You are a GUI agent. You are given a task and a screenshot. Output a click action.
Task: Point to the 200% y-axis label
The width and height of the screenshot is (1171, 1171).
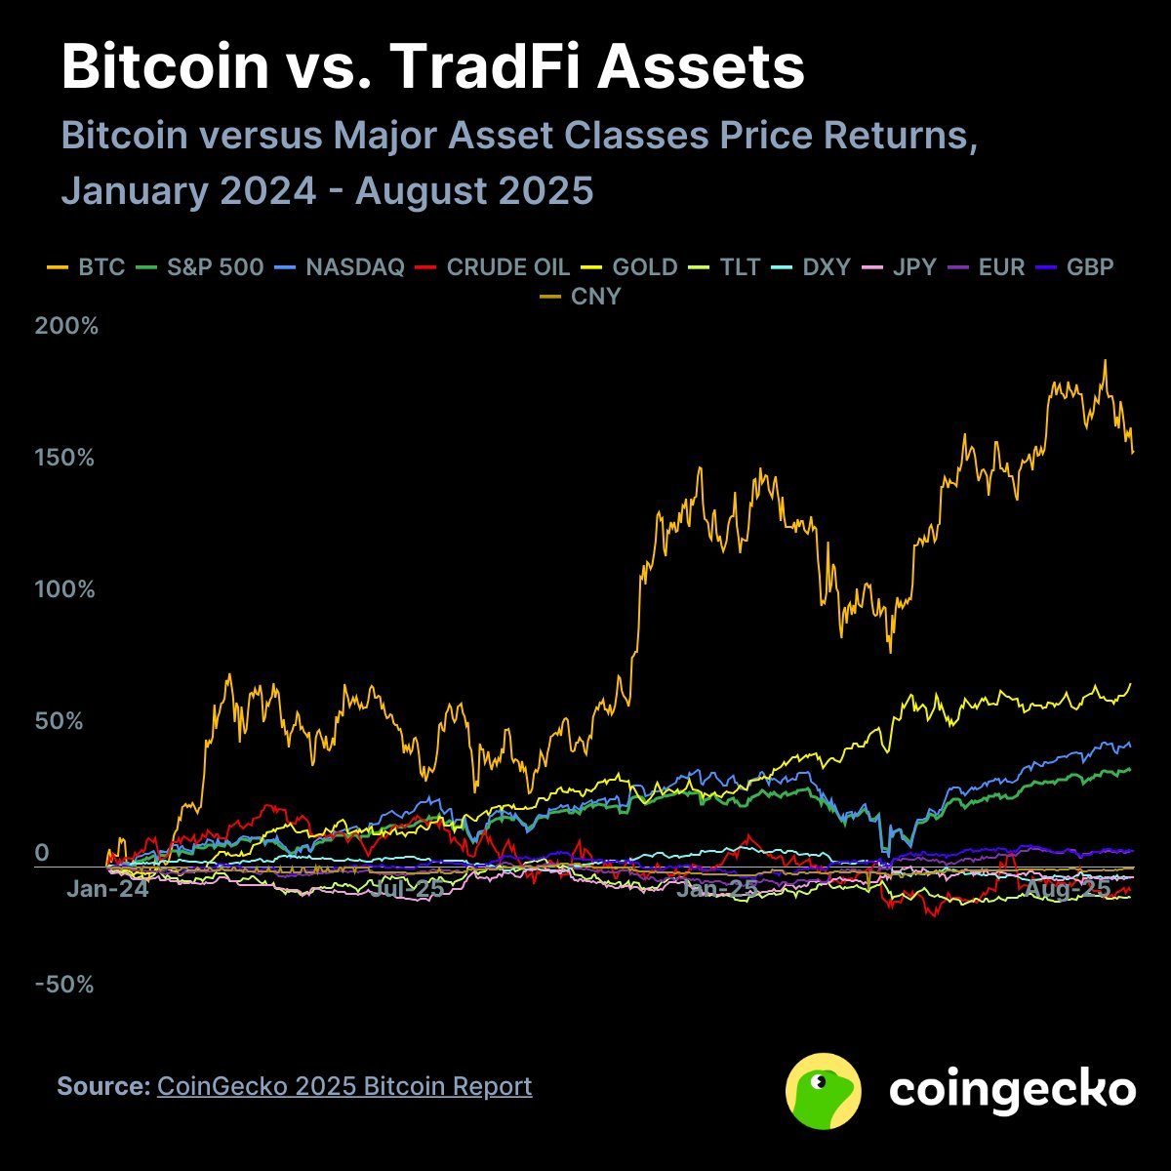(x=67, y=326)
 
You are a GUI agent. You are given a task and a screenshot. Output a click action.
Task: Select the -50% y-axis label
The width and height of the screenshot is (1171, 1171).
(x=64, y=985)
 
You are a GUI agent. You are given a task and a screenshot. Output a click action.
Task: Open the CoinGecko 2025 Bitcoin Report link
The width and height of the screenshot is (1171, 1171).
(x=344, y=1086)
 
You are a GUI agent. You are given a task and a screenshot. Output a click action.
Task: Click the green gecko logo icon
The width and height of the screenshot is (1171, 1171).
(x=824, y=1090)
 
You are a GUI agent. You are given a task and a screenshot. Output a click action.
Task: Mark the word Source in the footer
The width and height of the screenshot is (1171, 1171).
(x=102, y=1086)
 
